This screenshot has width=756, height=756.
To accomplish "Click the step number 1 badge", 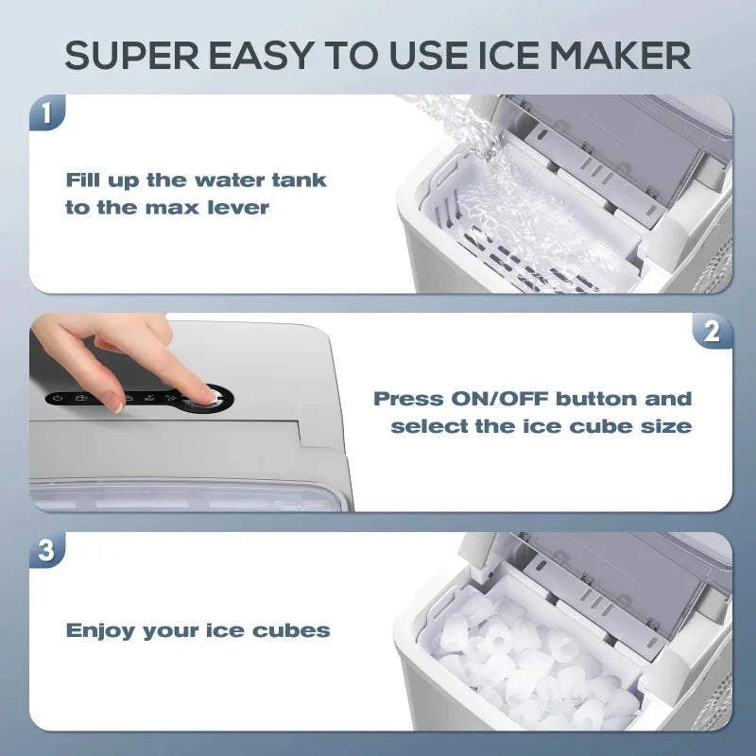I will tap(48, 114).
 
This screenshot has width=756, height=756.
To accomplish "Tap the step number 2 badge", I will tap(712, 332).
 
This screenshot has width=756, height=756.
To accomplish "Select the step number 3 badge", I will tap(48, 551).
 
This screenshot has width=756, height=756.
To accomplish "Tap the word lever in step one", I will tap(240, 208).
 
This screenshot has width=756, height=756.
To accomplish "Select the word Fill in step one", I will tap(84, 180).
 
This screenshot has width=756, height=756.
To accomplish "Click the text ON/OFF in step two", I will tap(494, 399).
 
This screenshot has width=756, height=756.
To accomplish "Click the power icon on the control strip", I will tap(59, 399).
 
